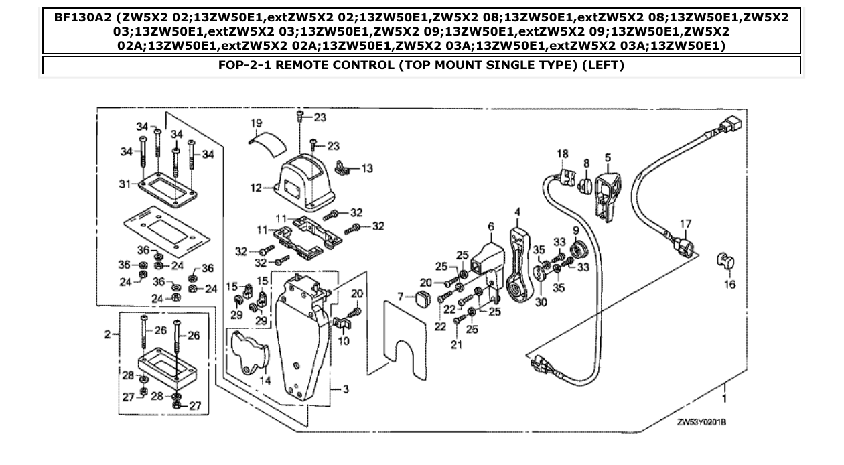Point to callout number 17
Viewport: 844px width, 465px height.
point(685,223)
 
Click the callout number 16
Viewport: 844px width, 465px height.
point(729,285)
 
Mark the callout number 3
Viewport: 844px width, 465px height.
point(346,389)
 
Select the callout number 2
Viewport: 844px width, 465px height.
point(107,334)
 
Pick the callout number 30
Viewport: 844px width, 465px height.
point(541,302)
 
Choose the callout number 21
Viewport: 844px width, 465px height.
point(457,344)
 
